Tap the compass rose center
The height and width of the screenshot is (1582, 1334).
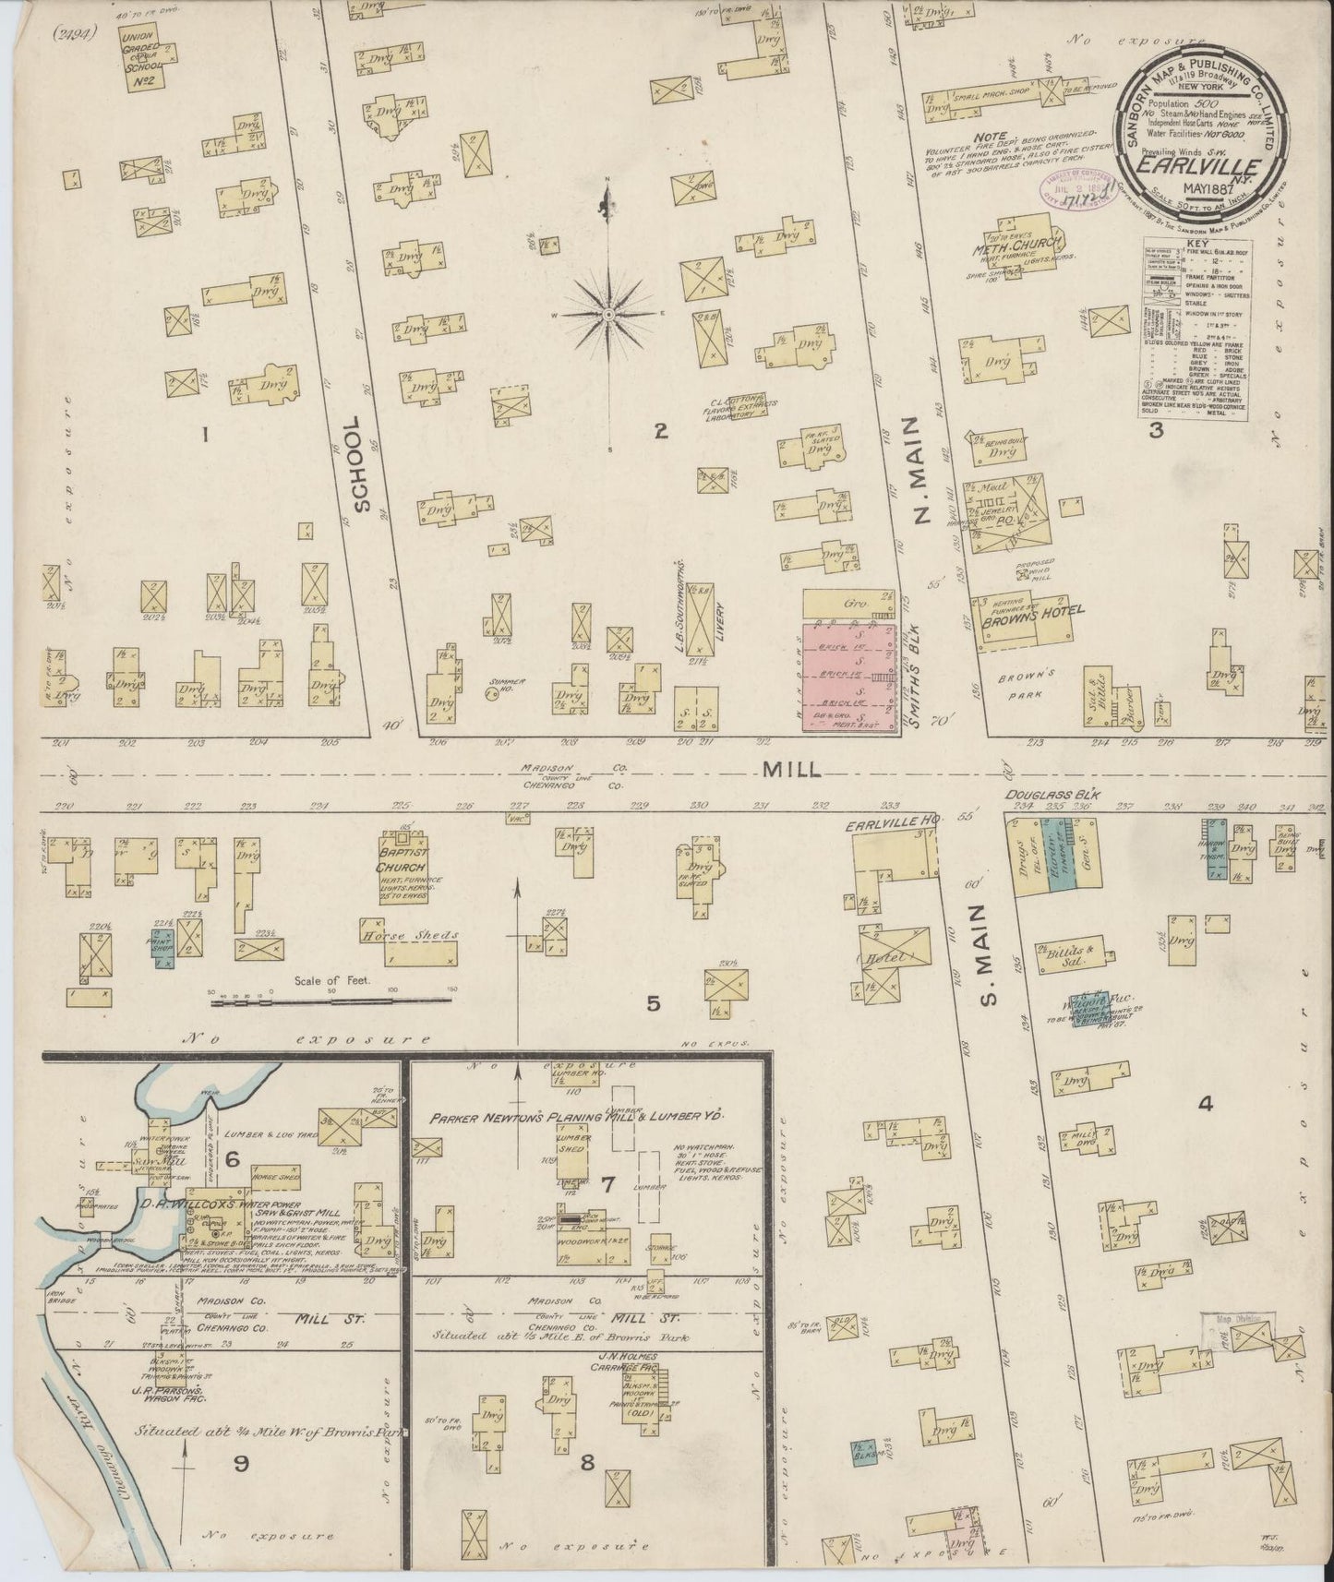tap(608, 316)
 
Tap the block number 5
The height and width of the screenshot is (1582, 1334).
tap(653, 1003)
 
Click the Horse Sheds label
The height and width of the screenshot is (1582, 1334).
tap(408, 934)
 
